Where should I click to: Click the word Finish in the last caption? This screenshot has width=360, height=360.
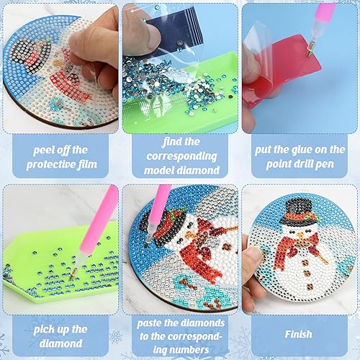tap(298, 333)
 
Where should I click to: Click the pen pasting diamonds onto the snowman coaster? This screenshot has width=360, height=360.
tap(157, 210)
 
